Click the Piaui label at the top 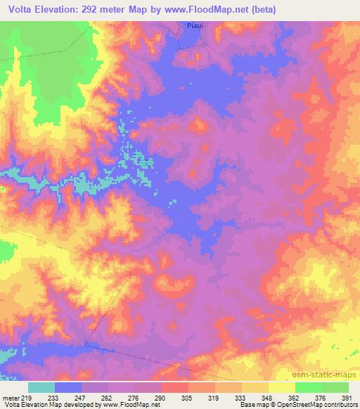(x=195, y=26)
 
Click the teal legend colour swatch (x=41, y=387)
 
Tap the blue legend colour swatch (x=68, y=387)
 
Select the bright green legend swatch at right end (x=335, y=387)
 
